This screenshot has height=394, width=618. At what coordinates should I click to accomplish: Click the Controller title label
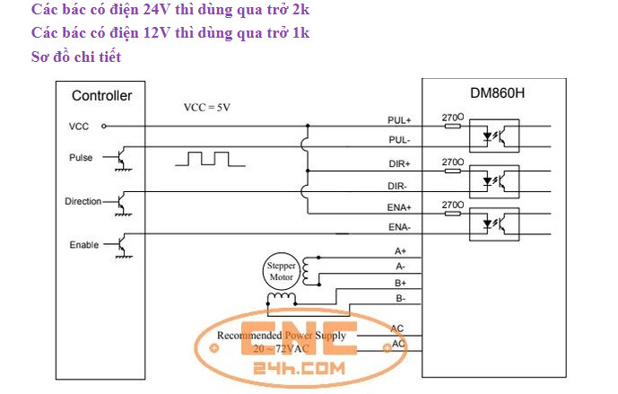(101, 96)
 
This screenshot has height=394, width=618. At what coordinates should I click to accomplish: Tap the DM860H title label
(498, 93)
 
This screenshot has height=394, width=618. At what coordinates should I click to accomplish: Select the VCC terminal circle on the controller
(104, 127)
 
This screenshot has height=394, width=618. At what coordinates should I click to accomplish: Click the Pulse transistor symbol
(123, 159)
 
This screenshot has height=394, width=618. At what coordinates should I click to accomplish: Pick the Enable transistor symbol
(123, 246)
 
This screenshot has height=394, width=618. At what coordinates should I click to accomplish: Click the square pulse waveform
(210, 159)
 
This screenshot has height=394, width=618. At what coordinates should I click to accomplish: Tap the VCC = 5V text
(207, 108)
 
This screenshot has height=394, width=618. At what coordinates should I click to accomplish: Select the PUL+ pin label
(399, 120)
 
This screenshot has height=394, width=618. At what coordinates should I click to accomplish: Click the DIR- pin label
(397, 186)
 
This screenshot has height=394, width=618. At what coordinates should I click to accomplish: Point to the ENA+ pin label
(399, 207)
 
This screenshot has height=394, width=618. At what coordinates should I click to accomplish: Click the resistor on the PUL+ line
(452, 127)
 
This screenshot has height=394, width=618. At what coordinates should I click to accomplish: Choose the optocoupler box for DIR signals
(494, 181)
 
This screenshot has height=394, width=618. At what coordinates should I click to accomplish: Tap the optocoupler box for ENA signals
(494, 224)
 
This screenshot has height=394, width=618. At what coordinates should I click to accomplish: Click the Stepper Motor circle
(282, 271)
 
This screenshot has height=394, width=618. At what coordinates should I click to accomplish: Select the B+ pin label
(400, 284)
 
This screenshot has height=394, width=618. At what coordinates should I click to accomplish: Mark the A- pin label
(400, 267)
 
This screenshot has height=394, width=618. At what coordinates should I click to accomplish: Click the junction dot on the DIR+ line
(308, 171)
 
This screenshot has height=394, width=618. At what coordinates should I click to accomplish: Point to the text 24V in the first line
(156, 10)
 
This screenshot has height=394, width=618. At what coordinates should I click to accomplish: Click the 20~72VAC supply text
(281, 349)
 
